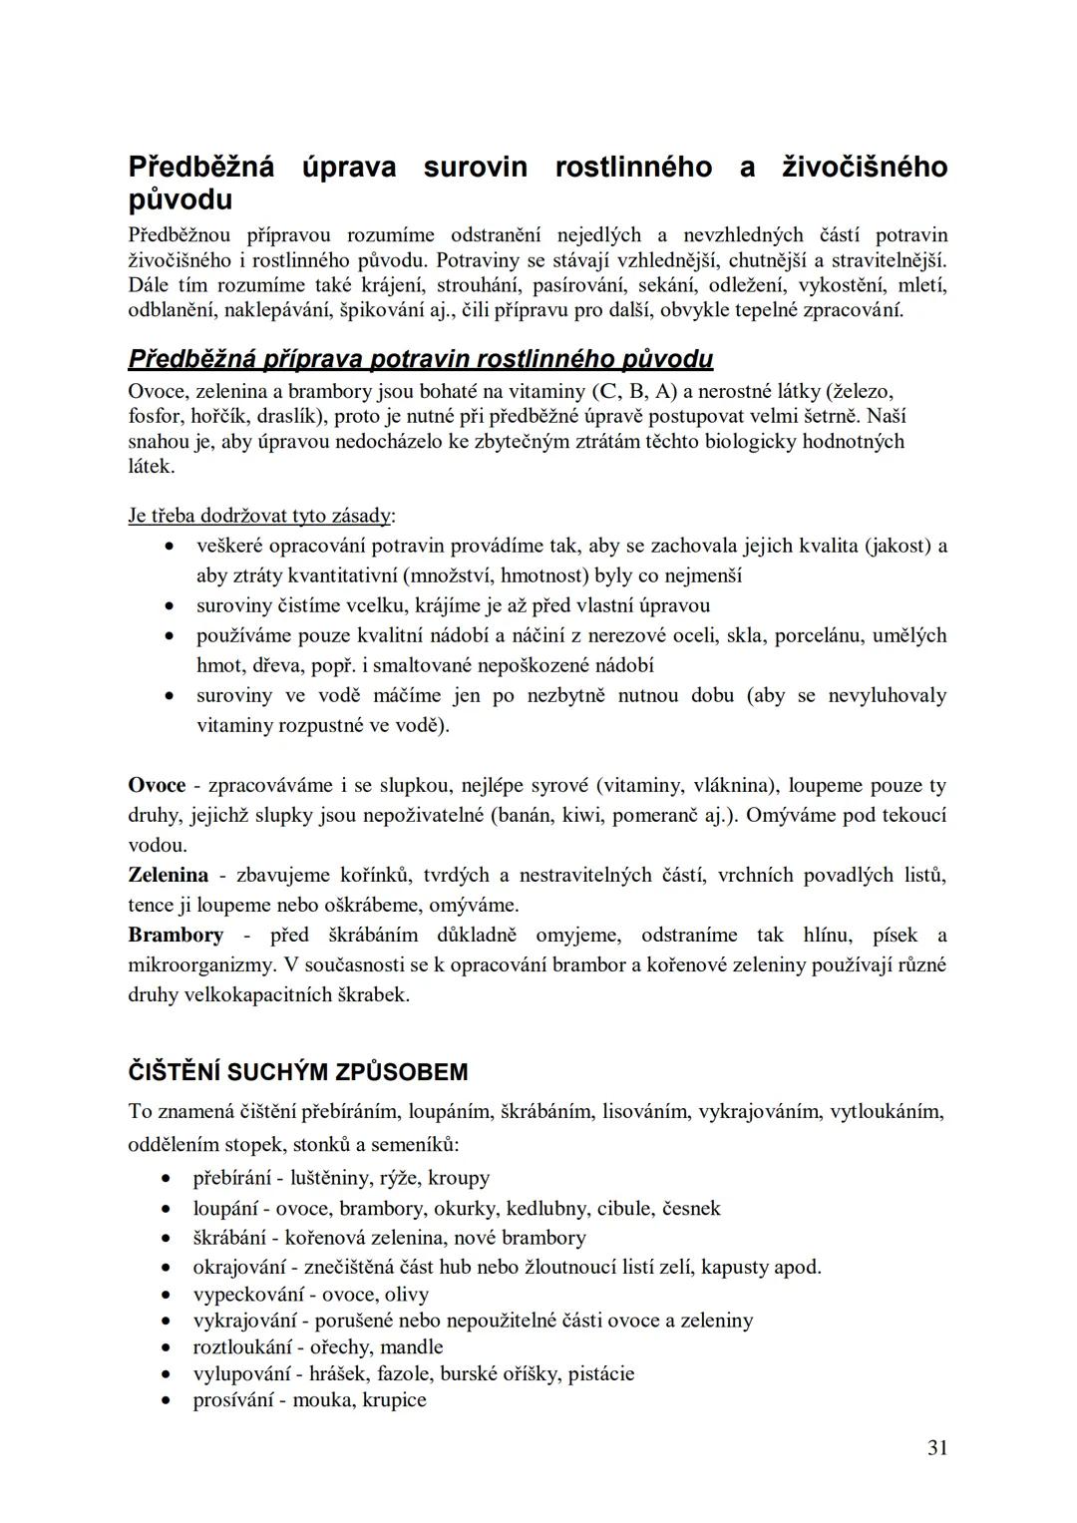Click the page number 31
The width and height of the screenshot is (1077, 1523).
pyautogui.click(x=936, y=1448)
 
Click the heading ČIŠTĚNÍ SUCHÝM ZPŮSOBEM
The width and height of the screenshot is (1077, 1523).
pyautogui.click(x=298, y=1072)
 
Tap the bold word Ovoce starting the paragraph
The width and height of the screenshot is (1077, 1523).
pyautogui.click(x=157, y=785)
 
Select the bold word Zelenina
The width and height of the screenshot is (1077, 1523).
pyautogui.click(x=168, y=875)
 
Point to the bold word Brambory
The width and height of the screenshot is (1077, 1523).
pyautogui.click(x=176, y=935)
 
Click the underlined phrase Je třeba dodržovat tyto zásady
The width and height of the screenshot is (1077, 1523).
pyautogui.click(x=259, y=516)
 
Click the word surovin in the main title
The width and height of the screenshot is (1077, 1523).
pyautogui.click(x=475, y=167)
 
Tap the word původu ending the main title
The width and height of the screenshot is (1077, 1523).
pyautogui.click(x=180, y=199)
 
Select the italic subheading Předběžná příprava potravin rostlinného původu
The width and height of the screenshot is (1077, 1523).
pyautogui.click(x=420, y=359)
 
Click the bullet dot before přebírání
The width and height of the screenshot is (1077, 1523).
pyautogui.click(x=169, y=1179)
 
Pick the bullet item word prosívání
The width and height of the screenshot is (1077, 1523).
pyautogui.click(x=230, y=1399)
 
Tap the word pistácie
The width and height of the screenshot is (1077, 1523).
pyautogui.click(x=600, y=1373)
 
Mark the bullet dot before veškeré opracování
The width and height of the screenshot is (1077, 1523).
pyautogui.click(x=172, y=548)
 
